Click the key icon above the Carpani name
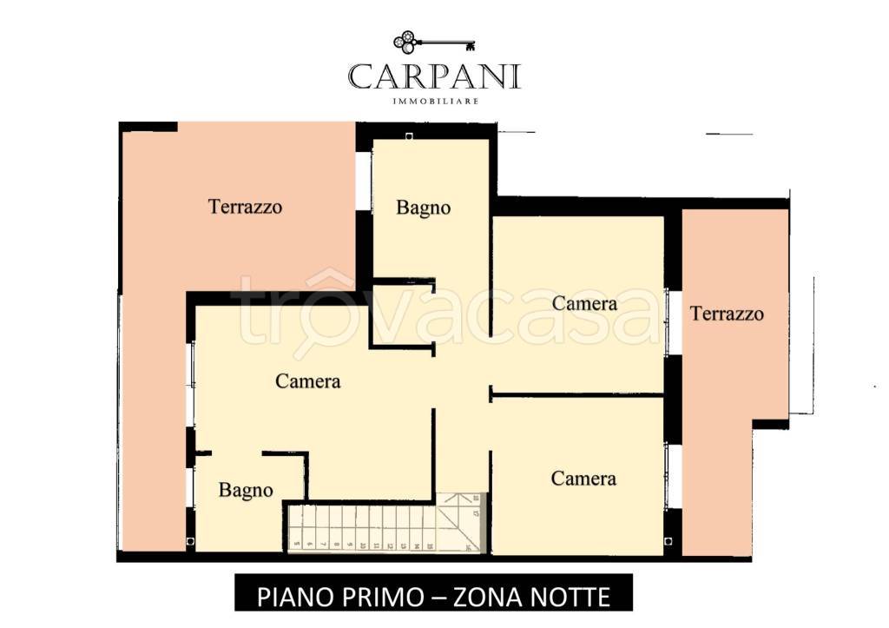coord(434,42)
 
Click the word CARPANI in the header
coord(434,76)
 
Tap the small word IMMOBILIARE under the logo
coord(434,101)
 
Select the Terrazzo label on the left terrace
coord(245,207)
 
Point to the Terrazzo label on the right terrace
coord(727,314)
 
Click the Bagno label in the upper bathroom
coord(424,208)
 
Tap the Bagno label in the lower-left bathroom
coord(246,491)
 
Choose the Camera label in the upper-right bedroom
coord(584,303)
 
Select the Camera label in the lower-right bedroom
coord(583,479)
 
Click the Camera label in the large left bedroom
coord(307,380)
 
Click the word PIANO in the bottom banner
coord(293,597)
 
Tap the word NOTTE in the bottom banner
coord(568,597)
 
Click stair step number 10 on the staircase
coord(364,546)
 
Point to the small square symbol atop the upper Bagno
coord(409,136)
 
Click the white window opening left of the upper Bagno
coord(363,181)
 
